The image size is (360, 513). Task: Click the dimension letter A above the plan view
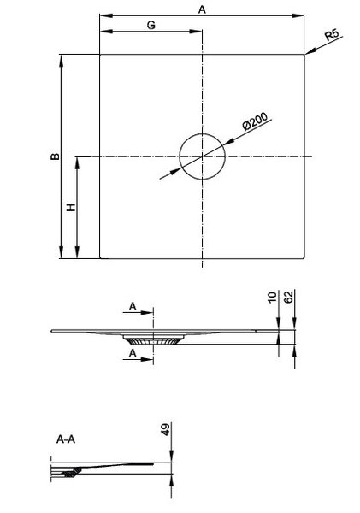(202, 9)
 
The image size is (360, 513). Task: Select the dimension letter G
(150, 25)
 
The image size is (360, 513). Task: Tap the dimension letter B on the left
(56, 156)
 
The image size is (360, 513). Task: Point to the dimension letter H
(71, 207)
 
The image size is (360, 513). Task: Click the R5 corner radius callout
(332, 35)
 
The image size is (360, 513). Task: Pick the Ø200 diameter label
(255, 121)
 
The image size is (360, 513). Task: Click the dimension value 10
(272, 298)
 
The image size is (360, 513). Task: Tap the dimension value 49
(166, 429)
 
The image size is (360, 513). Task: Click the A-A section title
(66, 439)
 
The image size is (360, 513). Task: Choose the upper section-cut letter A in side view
(133, 307)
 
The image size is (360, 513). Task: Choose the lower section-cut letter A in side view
(133, 353)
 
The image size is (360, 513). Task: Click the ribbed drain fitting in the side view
(153, 340)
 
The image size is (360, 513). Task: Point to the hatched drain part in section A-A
(70, 473)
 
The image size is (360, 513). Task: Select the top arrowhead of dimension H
(77, 163)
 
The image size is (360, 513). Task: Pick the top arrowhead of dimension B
(62, 61)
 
